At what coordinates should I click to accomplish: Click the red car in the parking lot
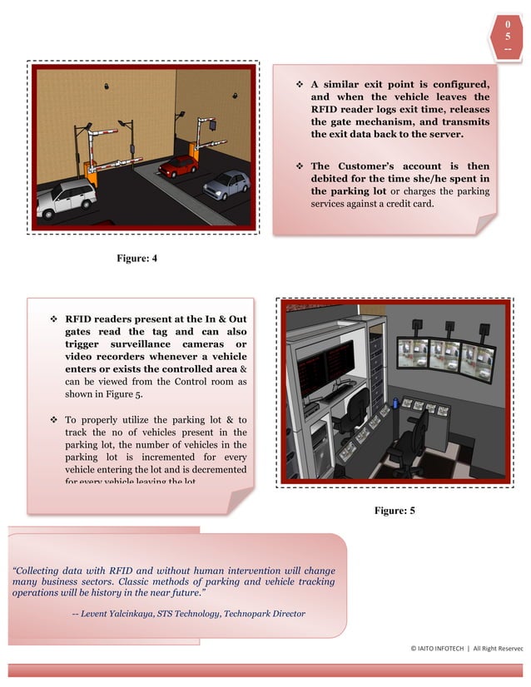(177, 166)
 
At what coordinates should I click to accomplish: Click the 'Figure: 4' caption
(137, 259)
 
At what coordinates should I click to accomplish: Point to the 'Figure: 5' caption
(395, 510)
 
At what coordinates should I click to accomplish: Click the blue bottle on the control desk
(394, 404)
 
